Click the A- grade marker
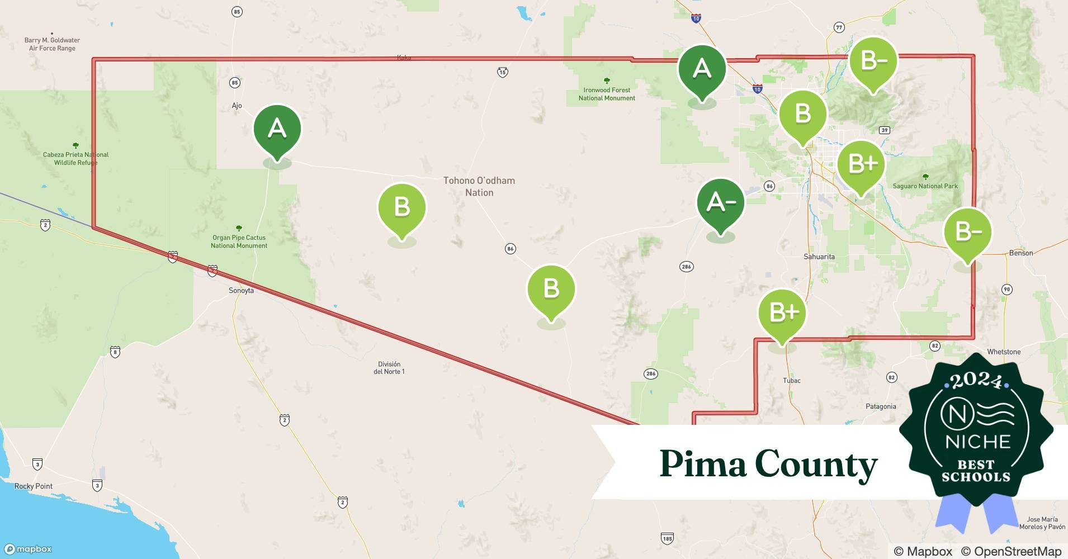pos(720,203)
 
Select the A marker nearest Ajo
pos(277,130)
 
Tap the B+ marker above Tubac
pos(782,314)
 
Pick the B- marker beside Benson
pos(967,232)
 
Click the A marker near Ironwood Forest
pos(702,69)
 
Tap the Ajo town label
pos(237,106)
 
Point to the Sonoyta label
pos(241,291)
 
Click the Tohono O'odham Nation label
pos(479,187)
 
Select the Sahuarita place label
pos(819,257)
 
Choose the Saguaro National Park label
pos(925,186)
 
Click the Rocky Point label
pos(34,486)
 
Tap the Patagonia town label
pos(881,406)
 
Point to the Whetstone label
pos(1004,352)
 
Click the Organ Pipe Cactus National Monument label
pos(239,241)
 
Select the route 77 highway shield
pos(839,27)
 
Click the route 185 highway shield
pos(667,539)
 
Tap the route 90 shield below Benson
pos(1006,290)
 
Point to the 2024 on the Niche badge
pos(976,381)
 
